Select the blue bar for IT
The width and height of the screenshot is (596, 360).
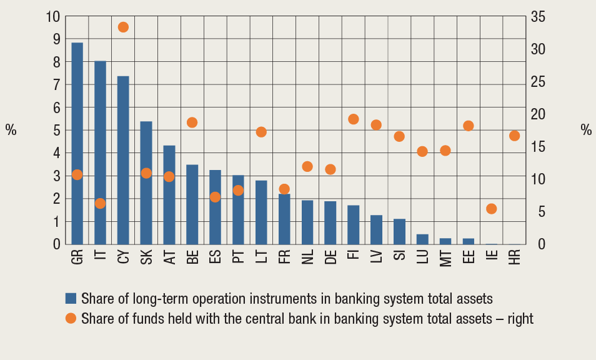point(101,152)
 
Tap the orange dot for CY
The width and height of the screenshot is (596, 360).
point(123,27)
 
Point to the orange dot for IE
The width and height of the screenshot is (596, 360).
point(492,209)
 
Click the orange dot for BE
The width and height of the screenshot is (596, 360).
point(192,122)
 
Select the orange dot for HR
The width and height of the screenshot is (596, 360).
point(515,136)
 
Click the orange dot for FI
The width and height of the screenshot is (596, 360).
point(354,119)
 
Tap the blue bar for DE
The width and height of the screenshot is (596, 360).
point(330,222)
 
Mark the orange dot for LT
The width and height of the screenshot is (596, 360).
point(261,132)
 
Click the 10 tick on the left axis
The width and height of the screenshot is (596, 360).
point(53,17)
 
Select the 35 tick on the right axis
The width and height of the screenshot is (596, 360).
point(538,17)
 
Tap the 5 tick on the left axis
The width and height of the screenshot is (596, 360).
point(56,131)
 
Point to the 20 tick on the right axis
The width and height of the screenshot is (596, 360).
point(538,114)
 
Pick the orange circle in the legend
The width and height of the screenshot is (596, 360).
point(71,318)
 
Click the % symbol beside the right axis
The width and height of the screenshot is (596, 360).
point(585,130)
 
